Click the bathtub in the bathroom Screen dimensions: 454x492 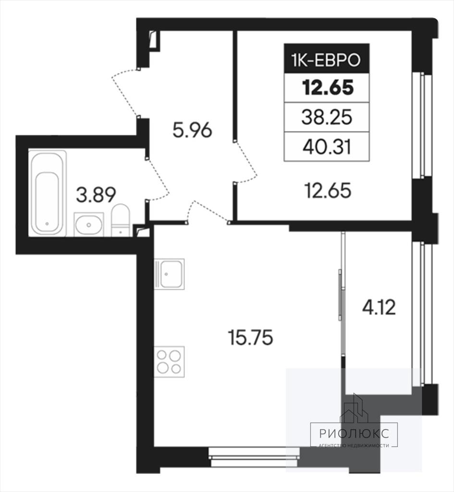(48, 193)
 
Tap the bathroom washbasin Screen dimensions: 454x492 (89, 224)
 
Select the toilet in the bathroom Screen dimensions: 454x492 (121, 220)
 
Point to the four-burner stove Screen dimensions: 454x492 (169, 361)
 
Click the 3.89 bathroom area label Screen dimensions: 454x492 (96, 195)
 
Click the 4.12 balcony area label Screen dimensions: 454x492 (379, 307)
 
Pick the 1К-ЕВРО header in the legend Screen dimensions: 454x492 (327, 60)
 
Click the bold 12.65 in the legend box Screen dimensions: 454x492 (328, 87)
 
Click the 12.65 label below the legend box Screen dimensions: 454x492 (328, 191)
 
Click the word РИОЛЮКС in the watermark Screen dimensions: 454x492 (354, 433)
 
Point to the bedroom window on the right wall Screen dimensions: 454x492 (422, 125)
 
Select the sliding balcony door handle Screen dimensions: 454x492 (340, 295)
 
